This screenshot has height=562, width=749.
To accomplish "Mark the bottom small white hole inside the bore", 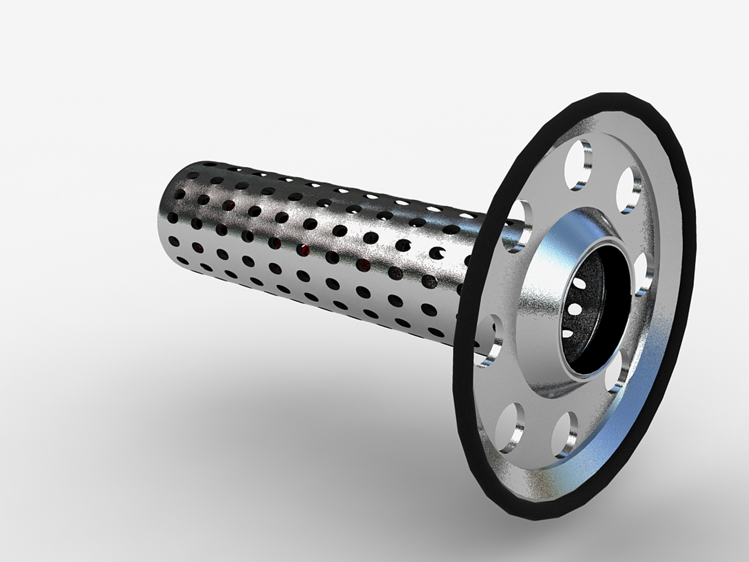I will [x=569, y=331].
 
